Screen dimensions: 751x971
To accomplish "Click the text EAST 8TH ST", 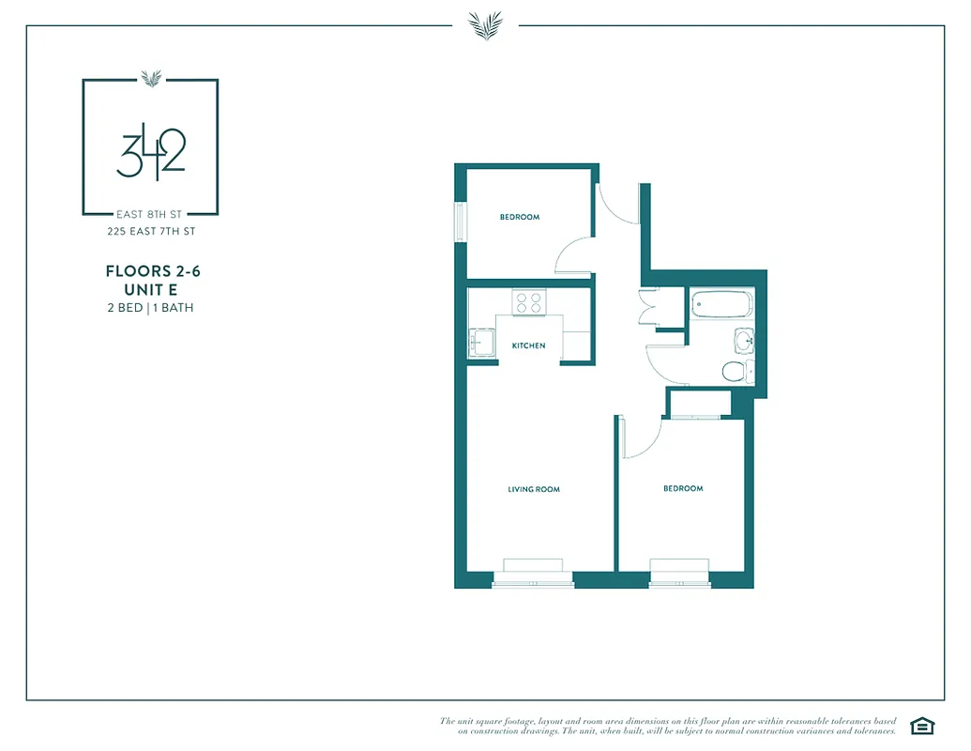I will [x=150, y=214].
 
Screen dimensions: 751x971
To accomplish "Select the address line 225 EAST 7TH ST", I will [x=150, y=231].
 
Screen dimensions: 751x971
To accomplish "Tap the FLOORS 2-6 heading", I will [x=153, y=271].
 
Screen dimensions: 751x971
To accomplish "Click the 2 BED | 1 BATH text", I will [x=150, y=307].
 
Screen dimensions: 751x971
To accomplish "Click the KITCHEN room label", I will [x=528, y=345].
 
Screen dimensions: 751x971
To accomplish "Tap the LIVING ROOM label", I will [x=534, y=489].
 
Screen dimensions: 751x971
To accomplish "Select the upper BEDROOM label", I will [x=519, y=217].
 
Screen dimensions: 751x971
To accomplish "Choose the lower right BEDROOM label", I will [x=683, y=488].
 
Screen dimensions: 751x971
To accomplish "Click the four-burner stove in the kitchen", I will [x=528, y=302].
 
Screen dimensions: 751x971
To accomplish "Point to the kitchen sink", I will [x=481, y=343].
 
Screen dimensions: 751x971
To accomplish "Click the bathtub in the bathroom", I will [x=721, y=304].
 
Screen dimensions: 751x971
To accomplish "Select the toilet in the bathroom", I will [x=736, y=371].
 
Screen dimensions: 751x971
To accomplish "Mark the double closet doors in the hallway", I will [x=648, y=307].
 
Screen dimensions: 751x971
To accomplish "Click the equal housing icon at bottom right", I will [x=922, y=725].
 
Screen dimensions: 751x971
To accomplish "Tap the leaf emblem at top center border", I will [x=485, y=24].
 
